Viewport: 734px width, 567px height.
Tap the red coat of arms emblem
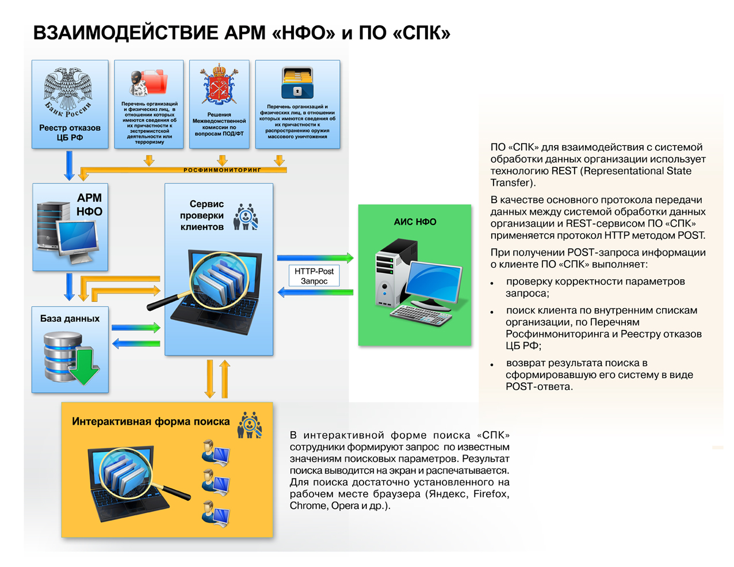[219, 85]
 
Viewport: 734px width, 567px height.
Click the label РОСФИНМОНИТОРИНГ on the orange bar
[222, 170]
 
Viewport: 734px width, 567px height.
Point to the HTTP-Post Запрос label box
[314, 276]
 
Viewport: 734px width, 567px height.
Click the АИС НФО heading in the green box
[415, 222]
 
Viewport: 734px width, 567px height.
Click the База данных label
[70, 318]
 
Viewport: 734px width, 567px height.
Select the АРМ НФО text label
[89, 205]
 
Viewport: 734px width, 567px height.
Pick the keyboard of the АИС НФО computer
[420, 314]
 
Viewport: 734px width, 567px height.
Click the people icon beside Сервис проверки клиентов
[246, 217]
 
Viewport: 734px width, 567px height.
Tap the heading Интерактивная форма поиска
[151, 421]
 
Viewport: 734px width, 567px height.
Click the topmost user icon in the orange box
[215, 452]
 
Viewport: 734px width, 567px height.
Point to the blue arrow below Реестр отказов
[69, 165]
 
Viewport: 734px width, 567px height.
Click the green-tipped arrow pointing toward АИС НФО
[315, 258]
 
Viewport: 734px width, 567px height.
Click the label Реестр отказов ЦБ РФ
[70, 132]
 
